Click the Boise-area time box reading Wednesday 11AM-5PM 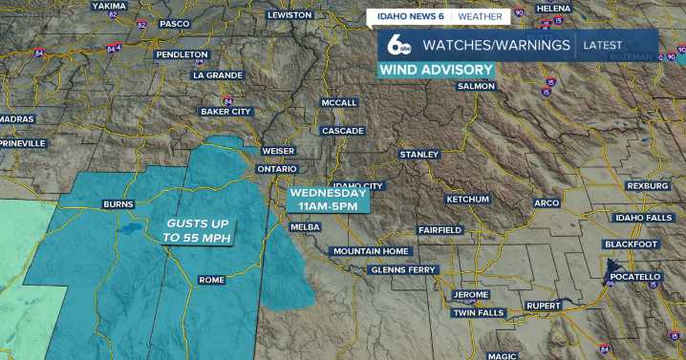328,199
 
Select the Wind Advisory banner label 437,70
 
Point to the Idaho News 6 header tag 409,16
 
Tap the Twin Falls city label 477,313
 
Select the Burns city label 118,204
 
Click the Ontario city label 278,169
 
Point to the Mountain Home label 371,251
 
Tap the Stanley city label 419,154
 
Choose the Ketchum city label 467,199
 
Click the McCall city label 339,102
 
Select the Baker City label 225,112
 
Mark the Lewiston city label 289,15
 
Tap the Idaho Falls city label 644,218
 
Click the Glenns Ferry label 402,270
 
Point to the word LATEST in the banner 602,45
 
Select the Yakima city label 109,6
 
